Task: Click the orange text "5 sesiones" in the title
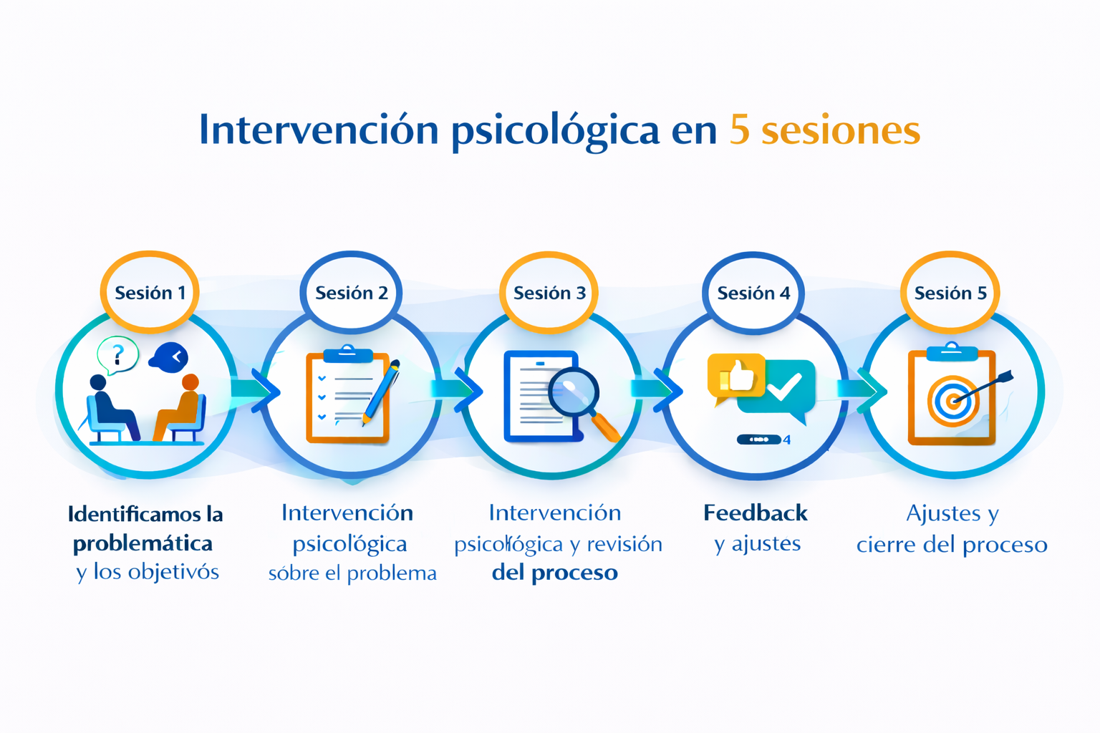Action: [824, 130]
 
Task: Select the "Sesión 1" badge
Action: [150, 293]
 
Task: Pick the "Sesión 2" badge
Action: [351, 293]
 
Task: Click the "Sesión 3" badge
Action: [549, 293]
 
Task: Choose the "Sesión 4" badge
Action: [753, 293]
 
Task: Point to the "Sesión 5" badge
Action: [950, 293]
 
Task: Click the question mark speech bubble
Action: [118, 354]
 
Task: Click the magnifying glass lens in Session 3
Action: [574, 393]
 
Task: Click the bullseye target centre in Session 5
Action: [952, 402]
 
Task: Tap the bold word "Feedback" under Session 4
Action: [755, 513]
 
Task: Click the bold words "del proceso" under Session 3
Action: [554, 573]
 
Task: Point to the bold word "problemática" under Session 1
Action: [143, 543]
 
